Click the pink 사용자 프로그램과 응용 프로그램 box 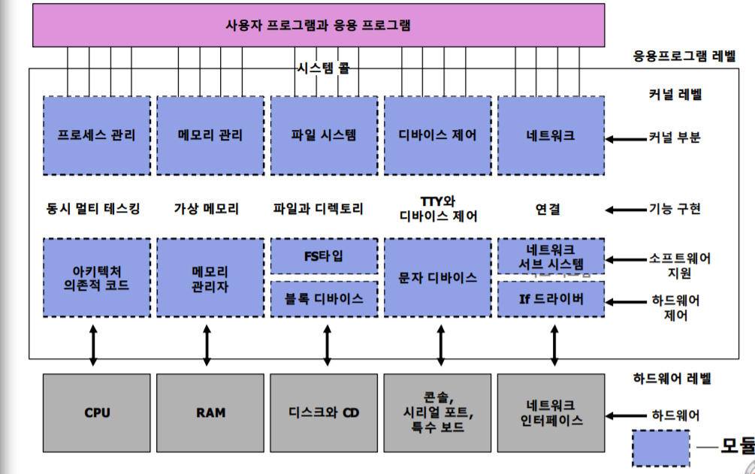click(x=319, y=25)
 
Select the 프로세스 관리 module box click(x=96, y=135)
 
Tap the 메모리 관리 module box click(x=210, y=135)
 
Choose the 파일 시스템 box click(x=324, y=135)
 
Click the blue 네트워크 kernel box click(x=551, y=135)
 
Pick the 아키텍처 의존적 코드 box click(x=96, y=277)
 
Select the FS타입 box click(x=324, y=256)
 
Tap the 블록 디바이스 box click(x=324, y=298)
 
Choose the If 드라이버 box click(x=551, y=298)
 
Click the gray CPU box click(x=96, y=412)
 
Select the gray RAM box click(x=210, y=412)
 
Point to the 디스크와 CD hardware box click(x=324, y=412)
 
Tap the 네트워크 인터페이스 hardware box click(x=551, y=412)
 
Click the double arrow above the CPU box click(x=93, y=345)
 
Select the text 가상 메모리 click(x=207, y=209)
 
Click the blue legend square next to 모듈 click(x=661, y=448)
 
